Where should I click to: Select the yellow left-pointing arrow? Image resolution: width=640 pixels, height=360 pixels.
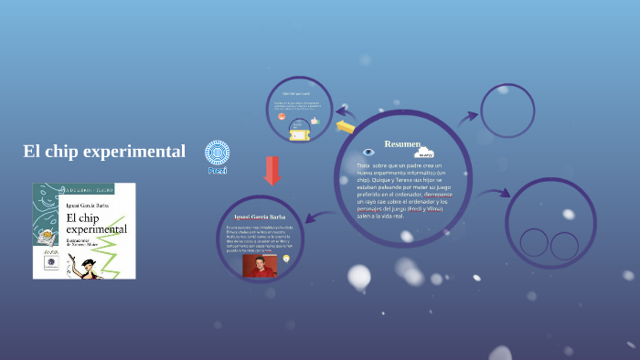click(345, 126)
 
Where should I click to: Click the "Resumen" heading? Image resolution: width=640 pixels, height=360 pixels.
click(402, 144)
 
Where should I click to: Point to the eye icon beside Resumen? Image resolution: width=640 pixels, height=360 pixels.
click(368, 152)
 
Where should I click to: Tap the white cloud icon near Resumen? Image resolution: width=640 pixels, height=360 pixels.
click(424, 153)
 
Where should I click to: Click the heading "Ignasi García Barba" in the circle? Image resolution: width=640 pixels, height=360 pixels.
click(261, 217)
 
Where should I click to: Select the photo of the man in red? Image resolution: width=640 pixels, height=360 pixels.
click(260, 265)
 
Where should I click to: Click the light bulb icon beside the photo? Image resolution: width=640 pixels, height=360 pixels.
click(286, 259)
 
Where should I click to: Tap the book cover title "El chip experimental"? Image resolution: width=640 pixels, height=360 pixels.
click(95, 223)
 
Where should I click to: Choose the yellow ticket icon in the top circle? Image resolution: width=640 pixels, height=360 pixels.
click(300, 134)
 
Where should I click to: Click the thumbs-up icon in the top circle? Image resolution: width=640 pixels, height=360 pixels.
click(314, 121)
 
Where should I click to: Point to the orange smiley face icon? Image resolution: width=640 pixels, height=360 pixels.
click(282, 116)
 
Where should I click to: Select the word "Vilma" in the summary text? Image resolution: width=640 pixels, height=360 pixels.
click(454, 209)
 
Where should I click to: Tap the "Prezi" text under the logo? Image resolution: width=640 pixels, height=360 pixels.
click(217, 171)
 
